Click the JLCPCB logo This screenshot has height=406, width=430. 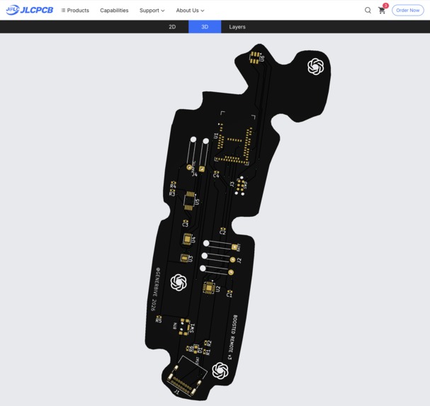pos(29,10)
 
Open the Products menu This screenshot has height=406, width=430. pos(75,11)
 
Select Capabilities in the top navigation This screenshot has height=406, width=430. pos(114,11)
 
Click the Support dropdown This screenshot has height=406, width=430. pos(152,11)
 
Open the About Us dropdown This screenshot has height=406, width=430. pos(190,11)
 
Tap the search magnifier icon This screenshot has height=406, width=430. pos(368,11)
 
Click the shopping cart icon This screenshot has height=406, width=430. pos(382,11)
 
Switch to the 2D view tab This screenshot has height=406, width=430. pos(172,27)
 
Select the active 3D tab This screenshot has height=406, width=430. pos(205,27)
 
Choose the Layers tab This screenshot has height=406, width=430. pos(237,27)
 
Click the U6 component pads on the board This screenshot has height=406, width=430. pos(255,57)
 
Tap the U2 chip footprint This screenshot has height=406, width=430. pos(209,287)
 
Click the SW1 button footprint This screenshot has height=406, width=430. pos(186,325)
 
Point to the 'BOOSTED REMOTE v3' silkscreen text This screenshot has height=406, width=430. pos(230,339)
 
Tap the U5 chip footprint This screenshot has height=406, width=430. pos(189,201)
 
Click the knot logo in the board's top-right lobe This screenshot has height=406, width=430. pos(315,67)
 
